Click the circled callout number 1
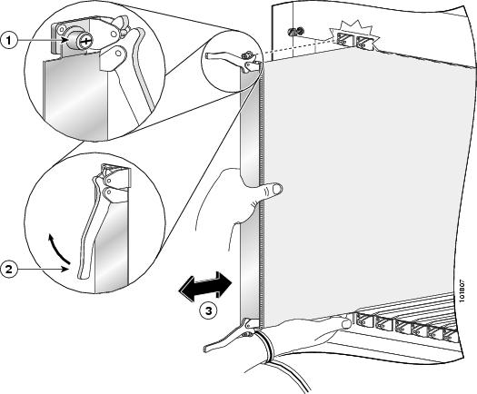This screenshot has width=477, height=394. pyautogui.click(x=9, y=40)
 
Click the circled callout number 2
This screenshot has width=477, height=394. pyautogui.click(x=9, y=270)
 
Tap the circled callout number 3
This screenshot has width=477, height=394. pyautogui.click(x=208, y=310)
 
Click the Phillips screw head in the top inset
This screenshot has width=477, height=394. pyautogui.click(x=84, y=41)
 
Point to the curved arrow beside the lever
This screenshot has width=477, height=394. pyautogui.click(x=58, y=248)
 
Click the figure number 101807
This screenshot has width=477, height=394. pyautogui.click(x=462, y=291)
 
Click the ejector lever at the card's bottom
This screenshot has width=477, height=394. pyautogui.click(x=230, y=335)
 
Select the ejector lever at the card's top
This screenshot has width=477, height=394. pyautogui.click(x=233, y=60)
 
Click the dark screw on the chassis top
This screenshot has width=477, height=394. pyautogui.click(x=295, y=31)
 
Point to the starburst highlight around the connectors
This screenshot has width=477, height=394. pyautogui.click(x=355, y=35)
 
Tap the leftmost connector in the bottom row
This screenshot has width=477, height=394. pyautogui.click(x=364, y=320)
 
